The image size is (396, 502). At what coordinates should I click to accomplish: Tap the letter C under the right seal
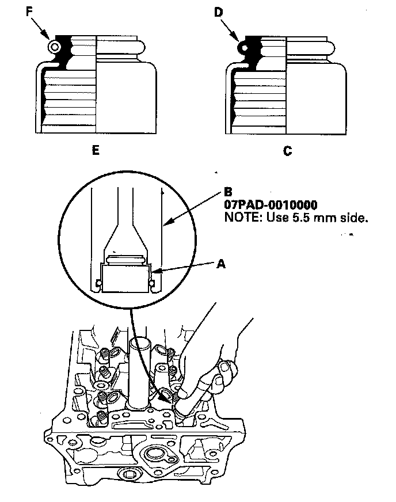(288, 151)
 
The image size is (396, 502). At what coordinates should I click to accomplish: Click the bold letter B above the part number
(228, 192)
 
